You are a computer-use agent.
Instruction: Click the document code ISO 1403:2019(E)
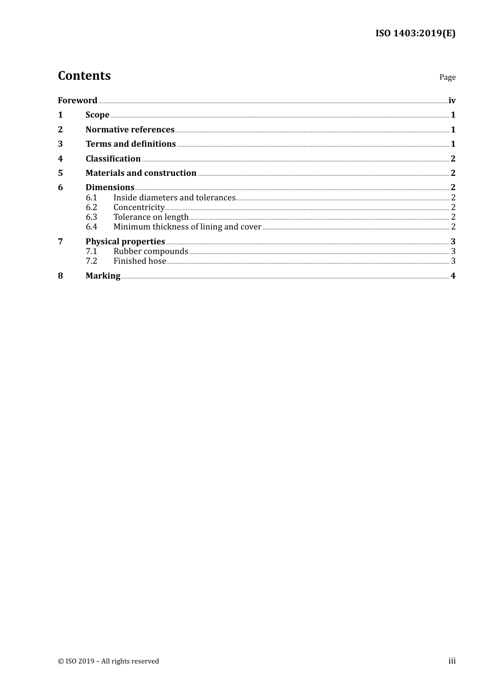click(415, 34)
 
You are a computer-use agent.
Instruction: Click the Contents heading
click(84, 76)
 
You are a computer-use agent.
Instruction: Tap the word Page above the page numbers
click(447, 77)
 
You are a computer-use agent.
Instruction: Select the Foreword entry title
click(77, 100)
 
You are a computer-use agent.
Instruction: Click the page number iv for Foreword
click(452, 101)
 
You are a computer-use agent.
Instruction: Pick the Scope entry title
click(97, 115)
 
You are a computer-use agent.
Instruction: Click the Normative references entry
click(130, 130)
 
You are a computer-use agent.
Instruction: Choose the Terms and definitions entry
click(130, 144)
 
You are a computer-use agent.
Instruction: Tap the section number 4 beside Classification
click(60, 159)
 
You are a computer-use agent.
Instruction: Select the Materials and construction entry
click(141, 173)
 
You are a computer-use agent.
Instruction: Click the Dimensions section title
click(109, 188)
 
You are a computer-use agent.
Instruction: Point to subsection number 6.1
click(92, 198)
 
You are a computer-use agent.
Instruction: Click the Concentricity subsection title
click(139, 208)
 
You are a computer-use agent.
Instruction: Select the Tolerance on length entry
click(151, 217)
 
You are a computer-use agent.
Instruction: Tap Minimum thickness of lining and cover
click(187, 227)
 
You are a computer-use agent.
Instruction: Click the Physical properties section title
click(125, 242)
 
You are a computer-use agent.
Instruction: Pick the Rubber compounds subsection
click(151, 251)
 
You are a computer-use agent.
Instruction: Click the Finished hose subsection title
click(140, 261)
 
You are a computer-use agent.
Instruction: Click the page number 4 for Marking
click(453, 276)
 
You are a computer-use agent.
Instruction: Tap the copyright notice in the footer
click(108, 661)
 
